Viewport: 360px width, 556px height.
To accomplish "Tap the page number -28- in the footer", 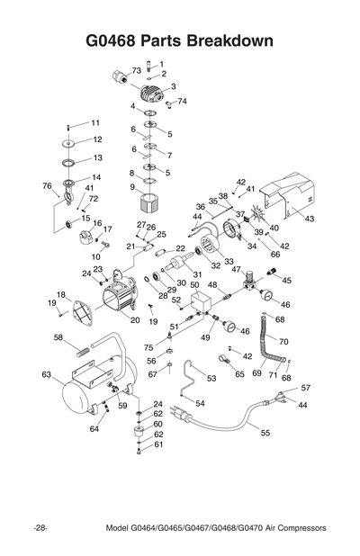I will [41, 527].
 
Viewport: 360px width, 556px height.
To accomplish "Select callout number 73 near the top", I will [136, 69].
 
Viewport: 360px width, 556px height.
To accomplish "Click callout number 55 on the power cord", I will [265, 433].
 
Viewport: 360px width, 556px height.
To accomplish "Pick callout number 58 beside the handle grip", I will [58, 337].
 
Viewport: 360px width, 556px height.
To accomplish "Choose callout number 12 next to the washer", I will [97, 139].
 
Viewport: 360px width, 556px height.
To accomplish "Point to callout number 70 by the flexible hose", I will [283, 342].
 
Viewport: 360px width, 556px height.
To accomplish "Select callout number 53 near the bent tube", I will [211, 379].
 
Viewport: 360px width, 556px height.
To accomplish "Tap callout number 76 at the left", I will [46, 185].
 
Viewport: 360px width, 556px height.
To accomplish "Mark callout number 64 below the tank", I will [94, 429].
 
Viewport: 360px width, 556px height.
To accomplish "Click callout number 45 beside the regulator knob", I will [287, 280].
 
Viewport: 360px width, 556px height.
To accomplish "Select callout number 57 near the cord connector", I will [305, 387].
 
